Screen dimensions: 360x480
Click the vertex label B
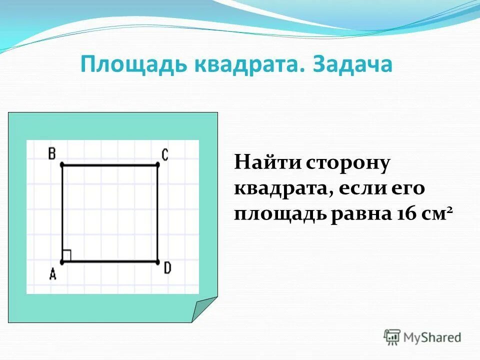pos(51,153)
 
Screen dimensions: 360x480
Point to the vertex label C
pos(165,154)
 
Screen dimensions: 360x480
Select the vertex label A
pos(52,274)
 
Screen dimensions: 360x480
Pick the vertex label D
pos(167,268)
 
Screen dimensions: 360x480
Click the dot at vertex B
pos(62,164)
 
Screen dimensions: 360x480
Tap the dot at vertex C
pos(157,164)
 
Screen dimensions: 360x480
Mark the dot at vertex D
pos(157,261)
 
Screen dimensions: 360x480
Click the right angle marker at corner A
pos(67,255)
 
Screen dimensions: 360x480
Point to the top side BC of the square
pos(109,164)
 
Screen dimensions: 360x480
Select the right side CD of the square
pos(157,213)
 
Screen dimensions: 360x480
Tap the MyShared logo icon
pos(392,337)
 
